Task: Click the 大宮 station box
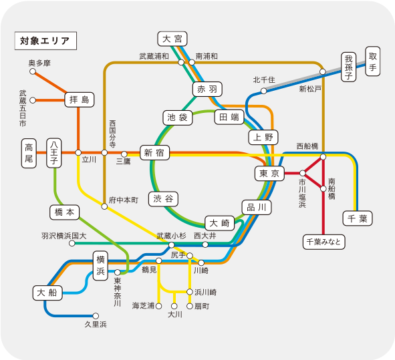click(x=172, y=39)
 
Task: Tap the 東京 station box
click(x=269, y=174)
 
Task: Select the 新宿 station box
click(x=154, y=152)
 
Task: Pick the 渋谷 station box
click(x=163, y=199)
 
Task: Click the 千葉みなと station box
click(x=323, y=242)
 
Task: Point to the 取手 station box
click(x=373, y=61)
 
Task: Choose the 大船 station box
click(x=47, y=293)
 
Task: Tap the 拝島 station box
click(x=80, y=100)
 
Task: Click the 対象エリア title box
click(x=45, y=41)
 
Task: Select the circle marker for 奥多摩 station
click(x=33, y=71)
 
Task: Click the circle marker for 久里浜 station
click(x=96, y=316)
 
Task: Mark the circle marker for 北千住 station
click(x=263, y=91)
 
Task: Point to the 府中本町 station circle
click(x=104, y=206)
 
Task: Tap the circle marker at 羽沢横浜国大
click(x=72, y=243)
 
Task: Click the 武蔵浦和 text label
click(x=154, y=56)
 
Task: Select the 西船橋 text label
click(x=307, y=146)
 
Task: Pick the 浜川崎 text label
click(x=206, y=293)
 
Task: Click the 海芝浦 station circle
click(x=158, y=306)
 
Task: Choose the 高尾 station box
click(x=29, y=153)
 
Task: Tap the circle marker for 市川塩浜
click(x=303, y=173)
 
